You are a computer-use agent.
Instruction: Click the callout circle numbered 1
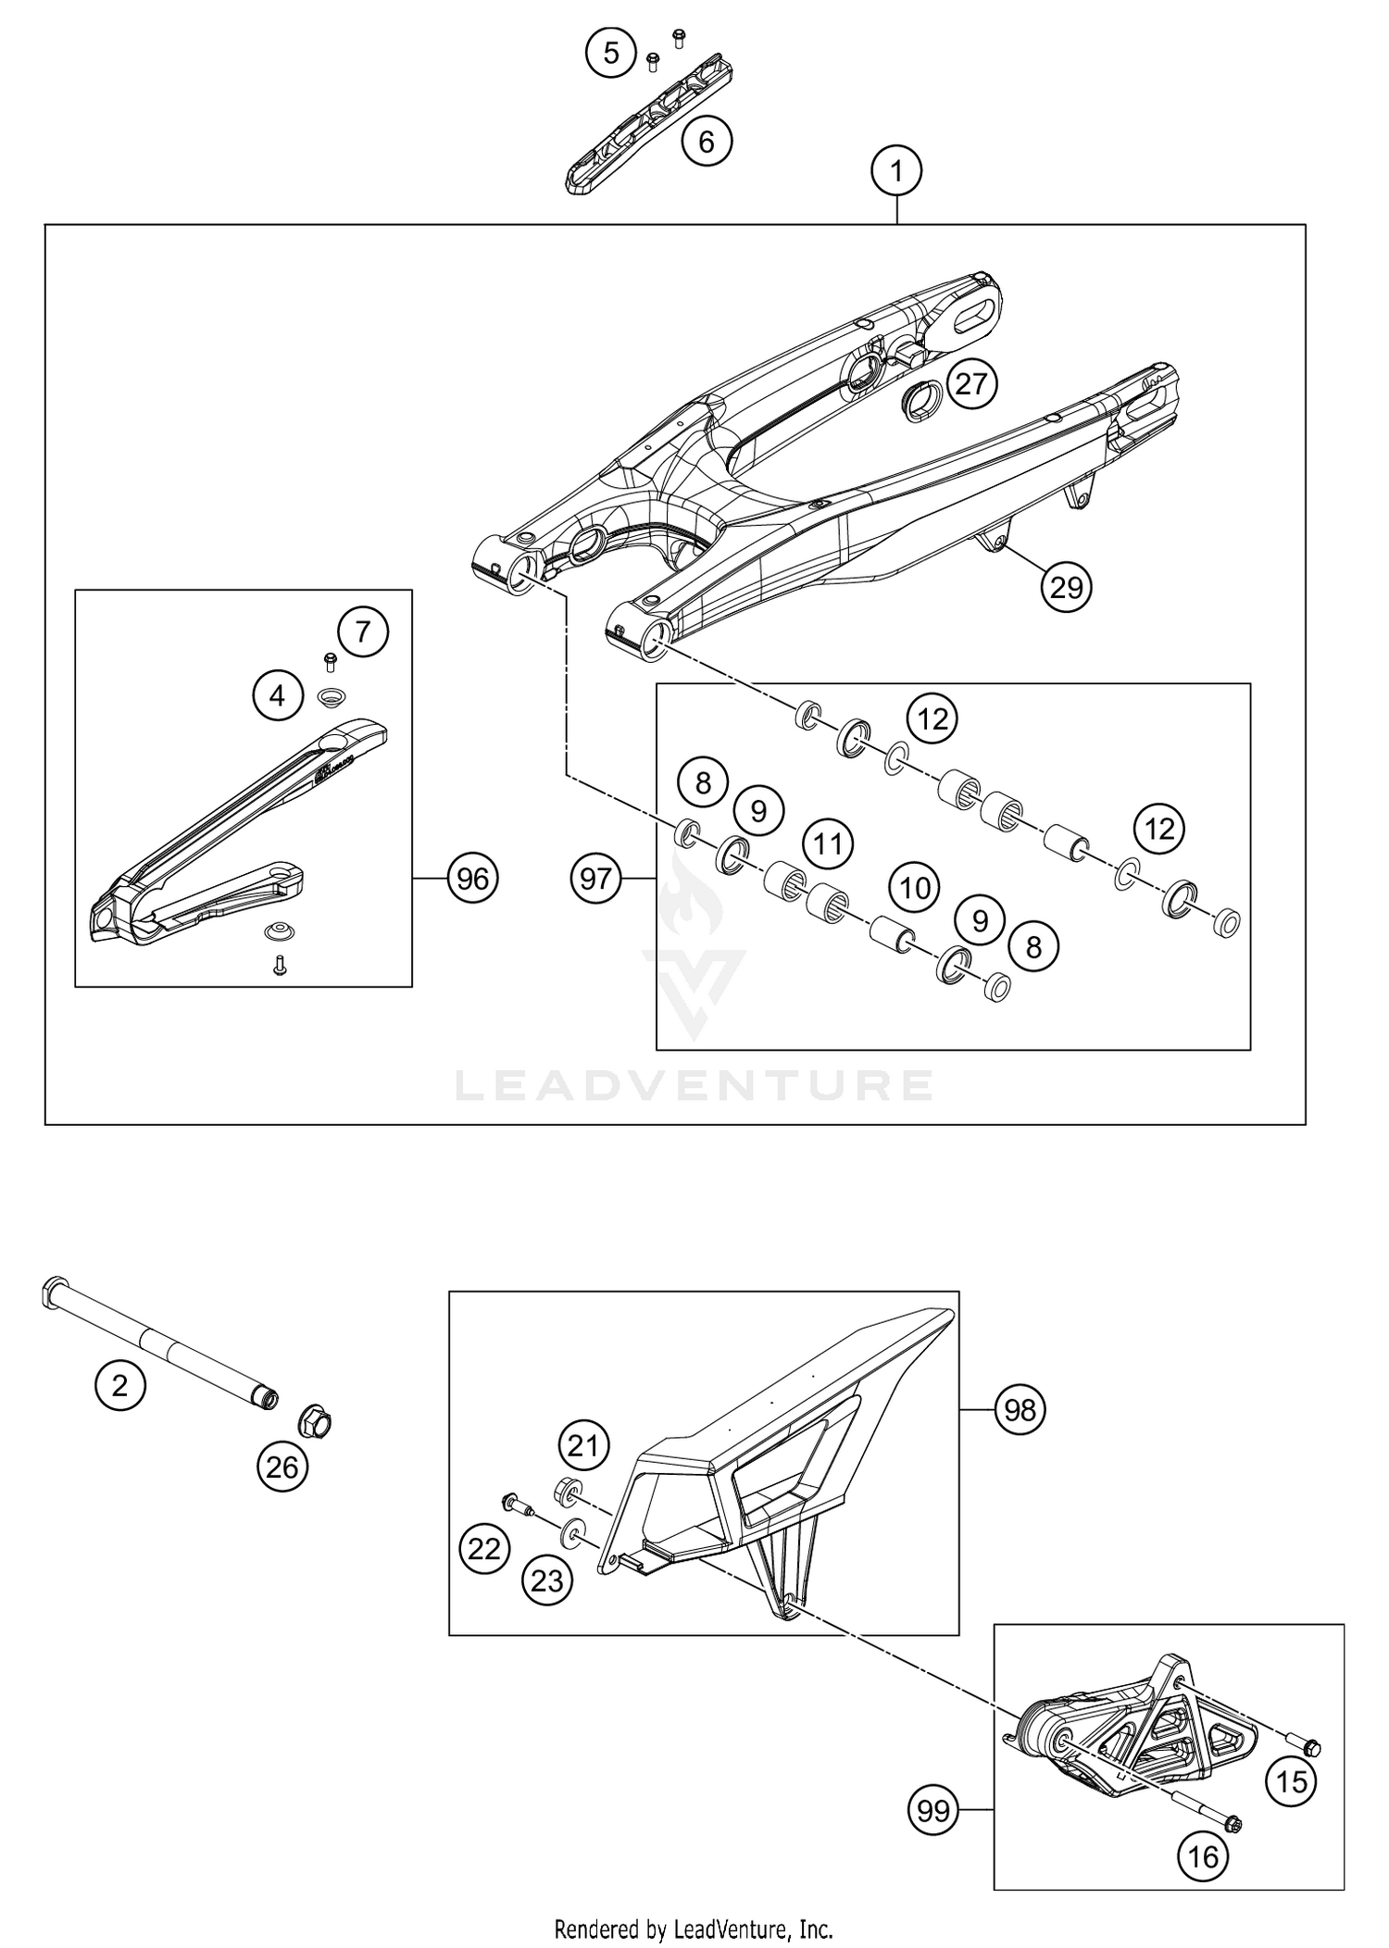(x=895, y=171)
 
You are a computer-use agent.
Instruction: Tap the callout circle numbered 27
(x=971, y=383)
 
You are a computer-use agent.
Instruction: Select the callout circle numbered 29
(x=1066, y=587)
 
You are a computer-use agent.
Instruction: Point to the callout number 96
(x=472, y=878)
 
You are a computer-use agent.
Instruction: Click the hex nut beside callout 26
(x=314, y=1422)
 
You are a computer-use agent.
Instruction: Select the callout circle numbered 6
(x=706, y=142)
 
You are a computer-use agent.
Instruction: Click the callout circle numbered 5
(x=611, y=53)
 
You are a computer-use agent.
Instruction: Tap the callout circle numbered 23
(x=546, y=1580)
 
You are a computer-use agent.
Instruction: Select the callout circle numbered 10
(x=915, y=889)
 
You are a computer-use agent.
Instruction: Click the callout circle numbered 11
(x=827, y=843)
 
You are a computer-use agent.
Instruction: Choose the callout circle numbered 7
(x=362, y=632)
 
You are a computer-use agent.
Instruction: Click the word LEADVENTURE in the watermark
(x=694, y=1085)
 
